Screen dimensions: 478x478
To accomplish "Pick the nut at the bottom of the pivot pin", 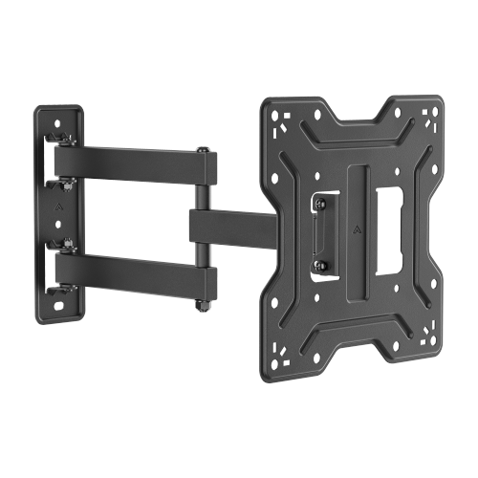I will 204,306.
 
